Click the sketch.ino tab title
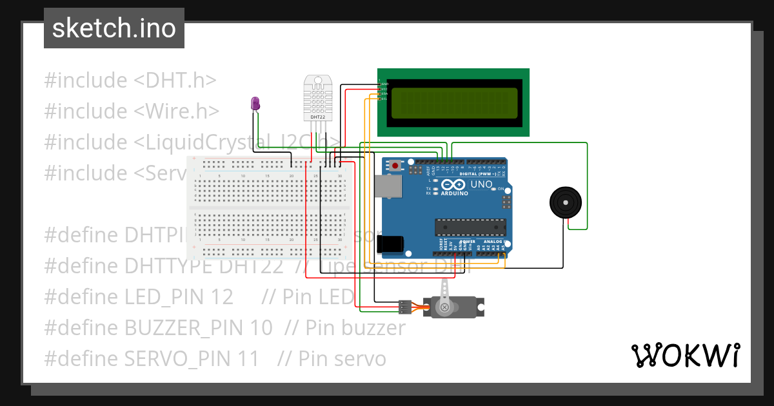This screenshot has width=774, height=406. coord(114,28)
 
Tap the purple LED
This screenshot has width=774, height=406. coord(255,103)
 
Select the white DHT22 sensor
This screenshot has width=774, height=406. coord(317,98)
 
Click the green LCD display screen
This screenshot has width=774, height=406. coord(453,102)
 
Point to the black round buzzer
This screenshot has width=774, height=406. coord(566,203)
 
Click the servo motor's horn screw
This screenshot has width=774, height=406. coord(444,308)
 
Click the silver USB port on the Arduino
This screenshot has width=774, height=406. coord(390,187)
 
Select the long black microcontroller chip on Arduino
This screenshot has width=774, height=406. coord(470,227)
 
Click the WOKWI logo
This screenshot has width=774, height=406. coord(684,355)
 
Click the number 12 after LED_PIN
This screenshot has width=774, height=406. coord(222,297)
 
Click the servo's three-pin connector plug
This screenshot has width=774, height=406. coord(405,307)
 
